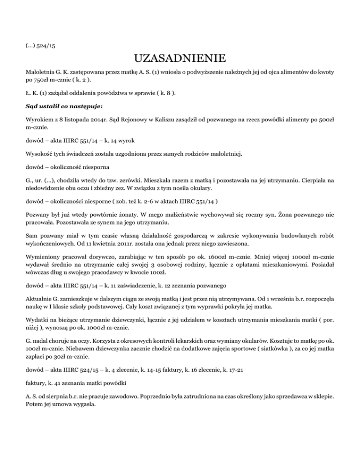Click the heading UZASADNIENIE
click(x=180, y=60)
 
